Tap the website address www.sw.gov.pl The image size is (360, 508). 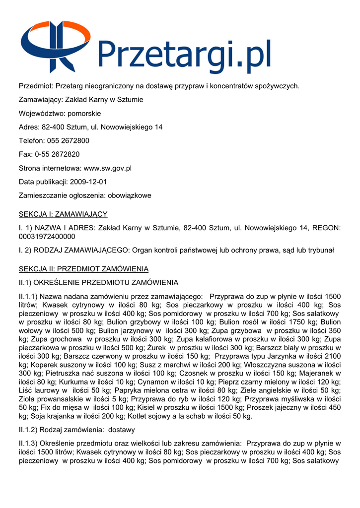point(107,168)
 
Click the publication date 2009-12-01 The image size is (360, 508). point(88,182)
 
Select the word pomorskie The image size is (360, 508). point(84,114)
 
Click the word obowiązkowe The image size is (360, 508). point(127,195)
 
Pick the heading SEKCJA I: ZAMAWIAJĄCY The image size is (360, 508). point(63,214)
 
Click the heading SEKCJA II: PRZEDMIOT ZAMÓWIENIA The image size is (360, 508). point(83,269)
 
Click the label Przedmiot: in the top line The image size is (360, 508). point(36,86)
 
